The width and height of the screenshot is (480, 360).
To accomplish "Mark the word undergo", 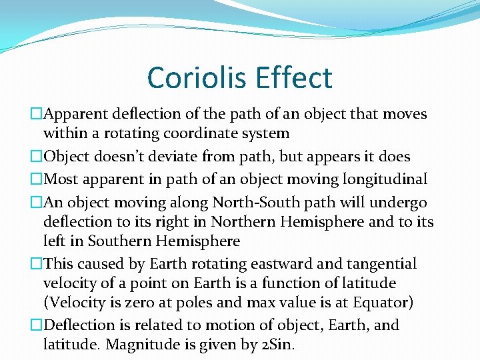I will [x=402, y=203].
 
